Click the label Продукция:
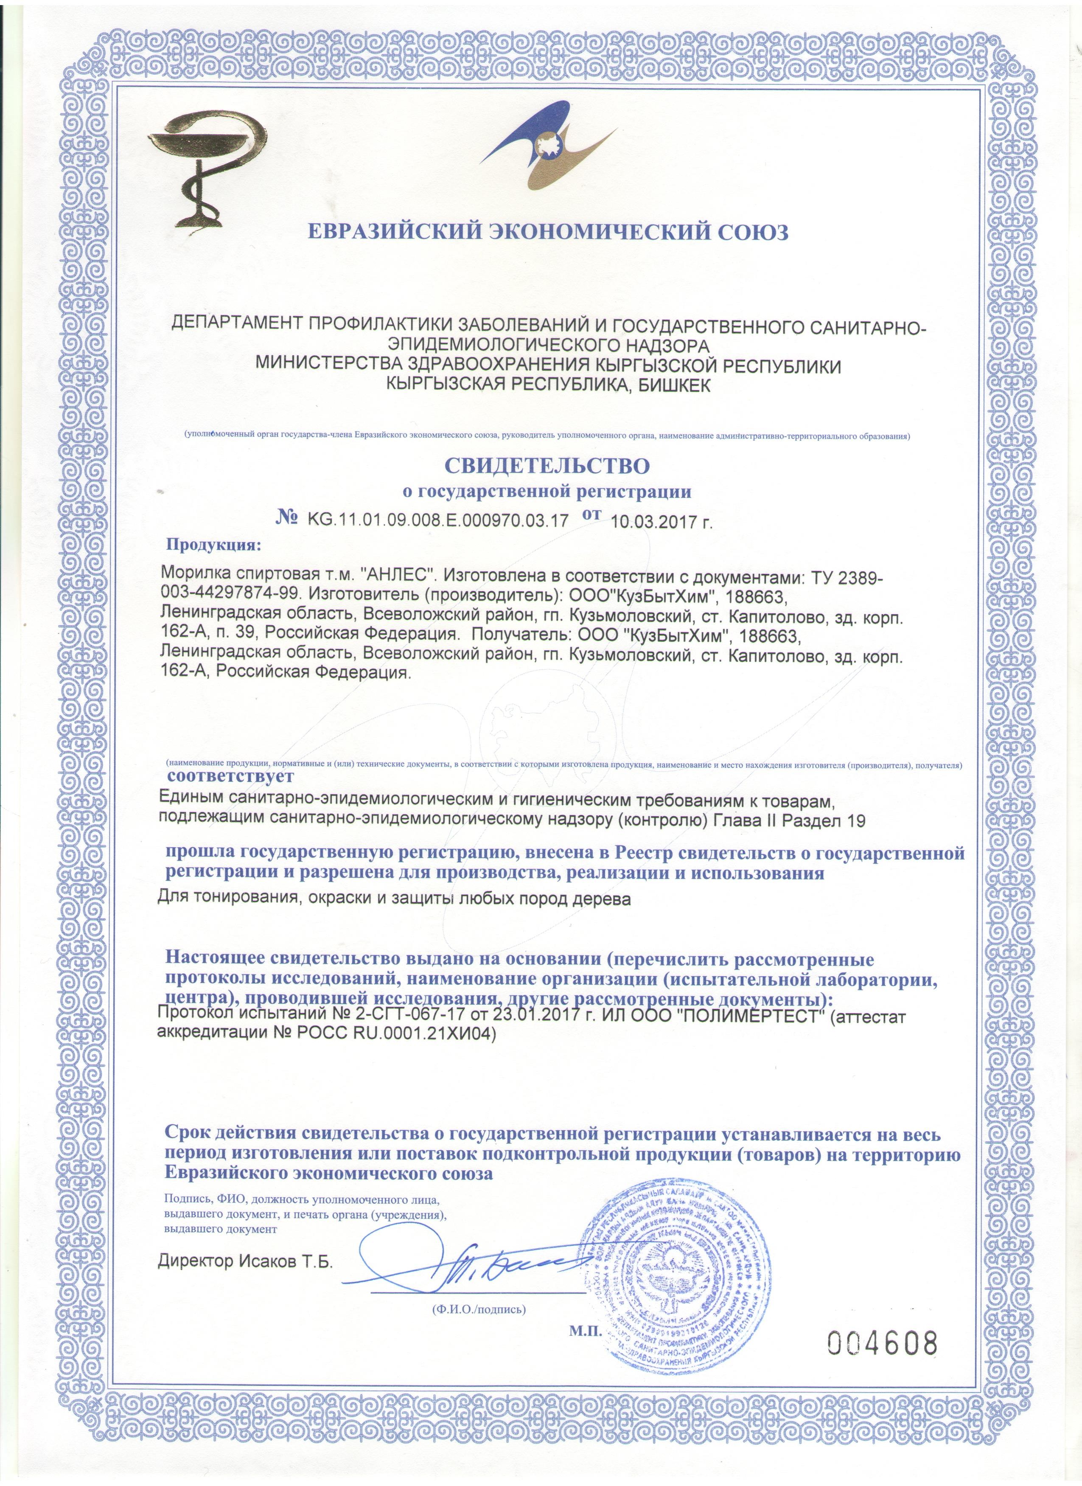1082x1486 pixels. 213,545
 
